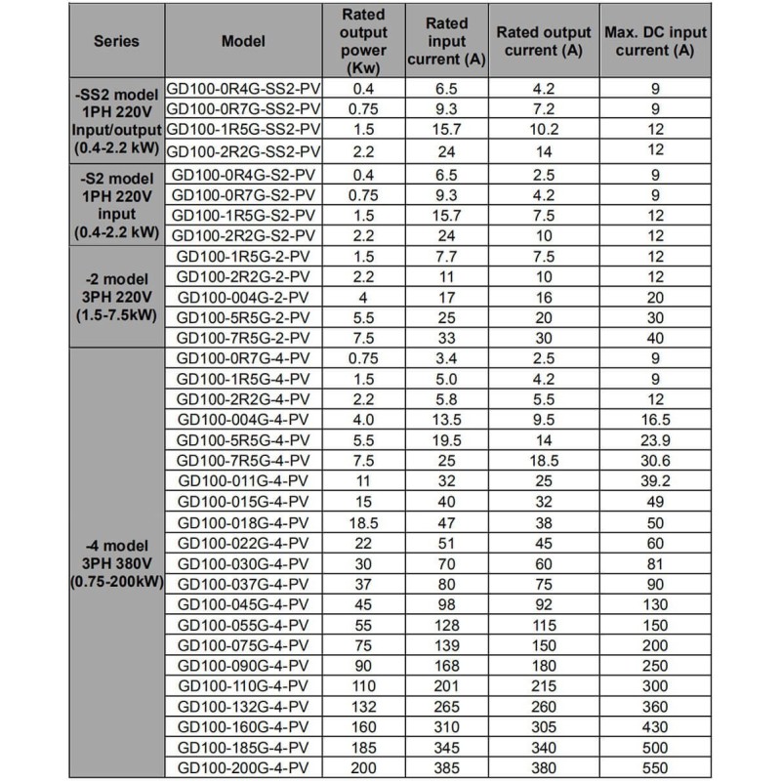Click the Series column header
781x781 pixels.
coord(116,42)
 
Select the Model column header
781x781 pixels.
coord(244,42)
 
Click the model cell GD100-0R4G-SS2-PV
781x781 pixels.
coord(244,87)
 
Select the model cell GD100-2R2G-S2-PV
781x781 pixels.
coord(244,235)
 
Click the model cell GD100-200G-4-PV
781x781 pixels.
coord(244,768)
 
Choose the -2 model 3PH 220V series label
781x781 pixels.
coord(116,297)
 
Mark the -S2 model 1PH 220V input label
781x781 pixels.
coord(116,204)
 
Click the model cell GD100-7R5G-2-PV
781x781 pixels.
coord(244,338)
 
